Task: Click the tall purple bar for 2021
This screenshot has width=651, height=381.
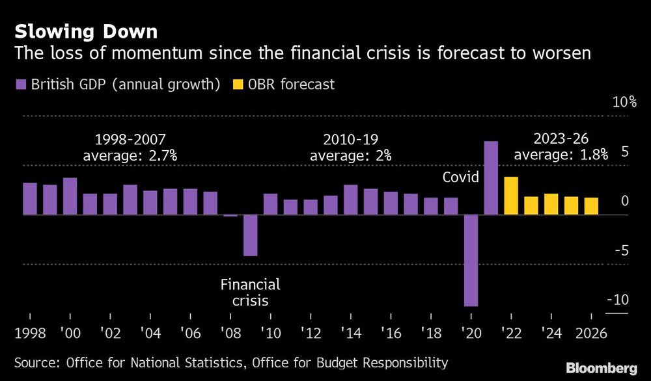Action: click(x=491, y=177)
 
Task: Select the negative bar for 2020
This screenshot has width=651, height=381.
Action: click(x=471, y=260)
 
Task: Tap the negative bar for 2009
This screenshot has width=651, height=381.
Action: click(x=251, y=235)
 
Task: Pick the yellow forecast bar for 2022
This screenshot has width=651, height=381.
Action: click(x=511, y=195)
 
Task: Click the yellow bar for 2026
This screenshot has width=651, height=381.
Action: click(x=591, y=206)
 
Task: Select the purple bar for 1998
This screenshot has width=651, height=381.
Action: click(x=30, y=198)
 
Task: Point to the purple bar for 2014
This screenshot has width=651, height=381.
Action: click(x=350, y=200)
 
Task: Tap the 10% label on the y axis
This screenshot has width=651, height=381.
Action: click(x=623, y=103)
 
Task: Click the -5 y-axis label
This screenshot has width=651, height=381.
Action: click(x=622, y=250)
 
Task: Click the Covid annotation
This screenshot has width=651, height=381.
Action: click(x=460, y=177)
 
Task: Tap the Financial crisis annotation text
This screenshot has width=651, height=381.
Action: click(x=250, y=293)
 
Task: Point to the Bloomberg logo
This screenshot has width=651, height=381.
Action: click(x=602, y=367)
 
